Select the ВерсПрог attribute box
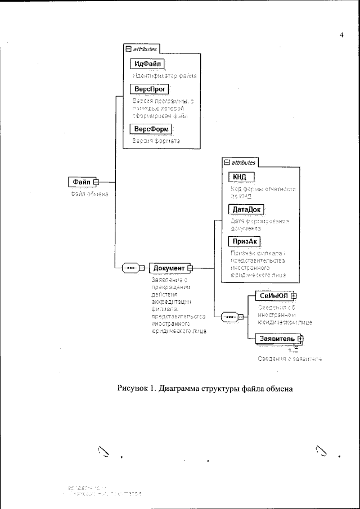(149, 89)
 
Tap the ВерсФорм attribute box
(150, 129)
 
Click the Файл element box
(82, 182)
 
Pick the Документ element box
(169, 268)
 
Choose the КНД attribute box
(240, 177)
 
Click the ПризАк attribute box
(244, 241)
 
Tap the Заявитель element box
(276, 339)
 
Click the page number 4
(341, 36)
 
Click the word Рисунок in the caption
(133, 388)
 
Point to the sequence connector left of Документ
(130, 268)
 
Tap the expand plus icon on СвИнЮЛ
(293, 295)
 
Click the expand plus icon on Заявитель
(300, 339)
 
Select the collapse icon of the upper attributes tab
(128, 49)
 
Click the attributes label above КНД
(244, 163)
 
